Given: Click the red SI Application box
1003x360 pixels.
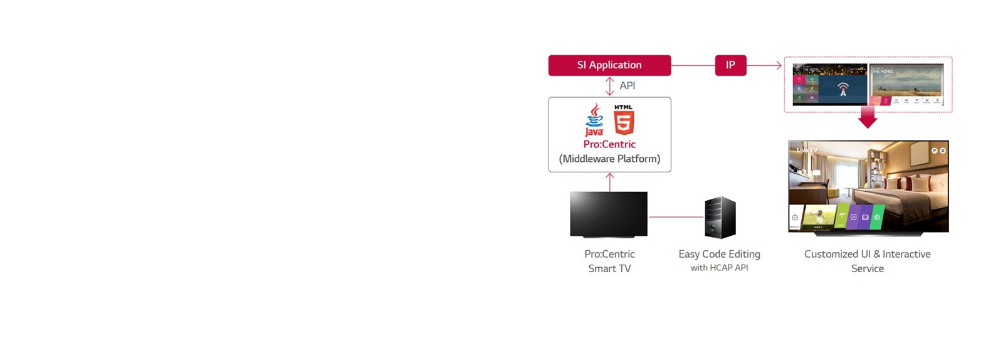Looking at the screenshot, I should (609, 65).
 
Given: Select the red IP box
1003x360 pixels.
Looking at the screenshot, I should (730, 65).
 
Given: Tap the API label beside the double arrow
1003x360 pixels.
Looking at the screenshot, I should (627, 86).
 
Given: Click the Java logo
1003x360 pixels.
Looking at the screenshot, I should (594, 120).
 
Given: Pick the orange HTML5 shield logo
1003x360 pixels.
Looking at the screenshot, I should (624, 120).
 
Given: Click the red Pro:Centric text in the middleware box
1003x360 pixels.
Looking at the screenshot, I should (609, 144).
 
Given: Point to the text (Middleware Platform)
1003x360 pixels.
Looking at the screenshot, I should (609, 159).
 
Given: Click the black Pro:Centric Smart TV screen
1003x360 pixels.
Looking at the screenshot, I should (609, 214).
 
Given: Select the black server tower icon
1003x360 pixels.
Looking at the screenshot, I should (720, 218).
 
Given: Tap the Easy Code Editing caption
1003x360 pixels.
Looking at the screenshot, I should (719, 254).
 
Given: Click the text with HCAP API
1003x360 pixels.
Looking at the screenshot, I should (719, 268).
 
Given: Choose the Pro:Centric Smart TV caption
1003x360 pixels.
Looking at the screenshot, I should (609, 261).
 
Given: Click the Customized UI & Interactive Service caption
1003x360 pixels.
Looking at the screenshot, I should (868, 261).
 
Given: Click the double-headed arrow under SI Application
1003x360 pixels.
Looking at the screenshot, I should (609, 86).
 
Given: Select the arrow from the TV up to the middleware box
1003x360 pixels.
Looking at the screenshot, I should (609, 182).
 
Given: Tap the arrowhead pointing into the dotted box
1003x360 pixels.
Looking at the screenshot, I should (779, 65).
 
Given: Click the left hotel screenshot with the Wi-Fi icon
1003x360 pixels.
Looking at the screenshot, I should (830, 84).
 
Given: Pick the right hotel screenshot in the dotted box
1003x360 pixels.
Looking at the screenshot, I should (906, 84).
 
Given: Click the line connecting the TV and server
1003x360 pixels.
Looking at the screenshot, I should (676, 217).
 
